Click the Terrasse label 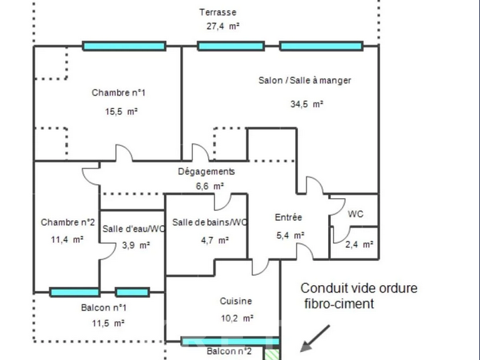[218, 12]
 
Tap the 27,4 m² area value [223, 27]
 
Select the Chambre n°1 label [118, 93]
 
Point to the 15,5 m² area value [121, 112]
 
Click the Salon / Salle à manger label [305, 80]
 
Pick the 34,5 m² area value [307, 104]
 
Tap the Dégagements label [206, 171]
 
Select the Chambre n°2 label [68, 222]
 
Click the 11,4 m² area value [67, 239]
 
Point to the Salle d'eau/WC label [133, 229]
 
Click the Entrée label [289, 217]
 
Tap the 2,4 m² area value [359, 245]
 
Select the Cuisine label [236, 302]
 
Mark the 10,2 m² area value [238, 319]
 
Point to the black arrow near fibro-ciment [315, 339]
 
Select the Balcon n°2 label [228, 352]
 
